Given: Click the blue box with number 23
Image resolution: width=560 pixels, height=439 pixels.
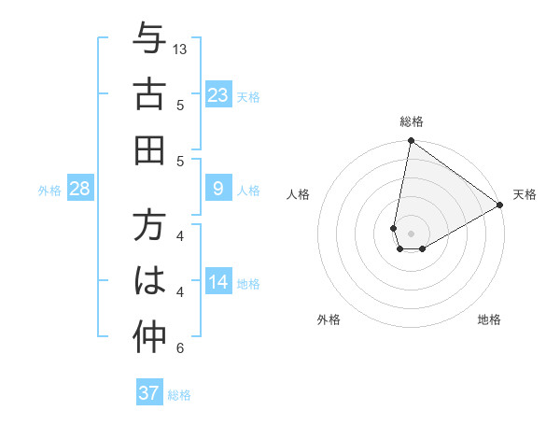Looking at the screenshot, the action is coord(218,95).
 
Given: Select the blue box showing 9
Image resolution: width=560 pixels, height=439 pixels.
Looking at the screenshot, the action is coord(218,189).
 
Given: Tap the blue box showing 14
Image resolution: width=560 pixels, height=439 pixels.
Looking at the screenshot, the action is coord(218,282).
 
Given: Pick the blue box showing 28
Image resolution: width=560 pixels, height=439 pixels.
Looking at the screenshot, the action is coord(80,189).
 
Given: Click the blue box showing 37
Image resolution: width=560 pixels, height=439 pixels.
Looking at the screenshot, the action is coord(149,393).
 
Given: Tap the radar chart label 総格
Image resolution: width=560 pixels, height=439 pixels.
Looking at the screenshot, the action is coord(412,121).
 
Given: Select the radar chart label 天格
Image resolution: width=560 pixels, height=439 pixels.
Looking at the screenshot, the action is coord(525,194).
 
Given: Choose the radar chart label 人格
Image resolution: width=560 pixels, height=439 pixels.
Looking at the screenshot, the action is coord(299,194).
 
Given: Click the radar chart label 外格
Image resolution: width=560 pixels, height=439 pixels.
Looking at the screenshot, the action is coord(329,319).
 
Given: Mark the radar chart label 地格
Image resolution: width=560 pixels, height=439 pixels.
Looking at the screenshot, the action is coord(489,319).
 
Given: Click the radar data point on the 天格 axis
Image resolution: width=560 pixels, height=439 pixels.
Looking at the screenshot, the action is coord(500,205).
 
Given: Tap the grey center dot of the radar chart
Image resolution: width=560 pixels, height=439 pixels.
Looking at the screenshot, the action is coord(412,233).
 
